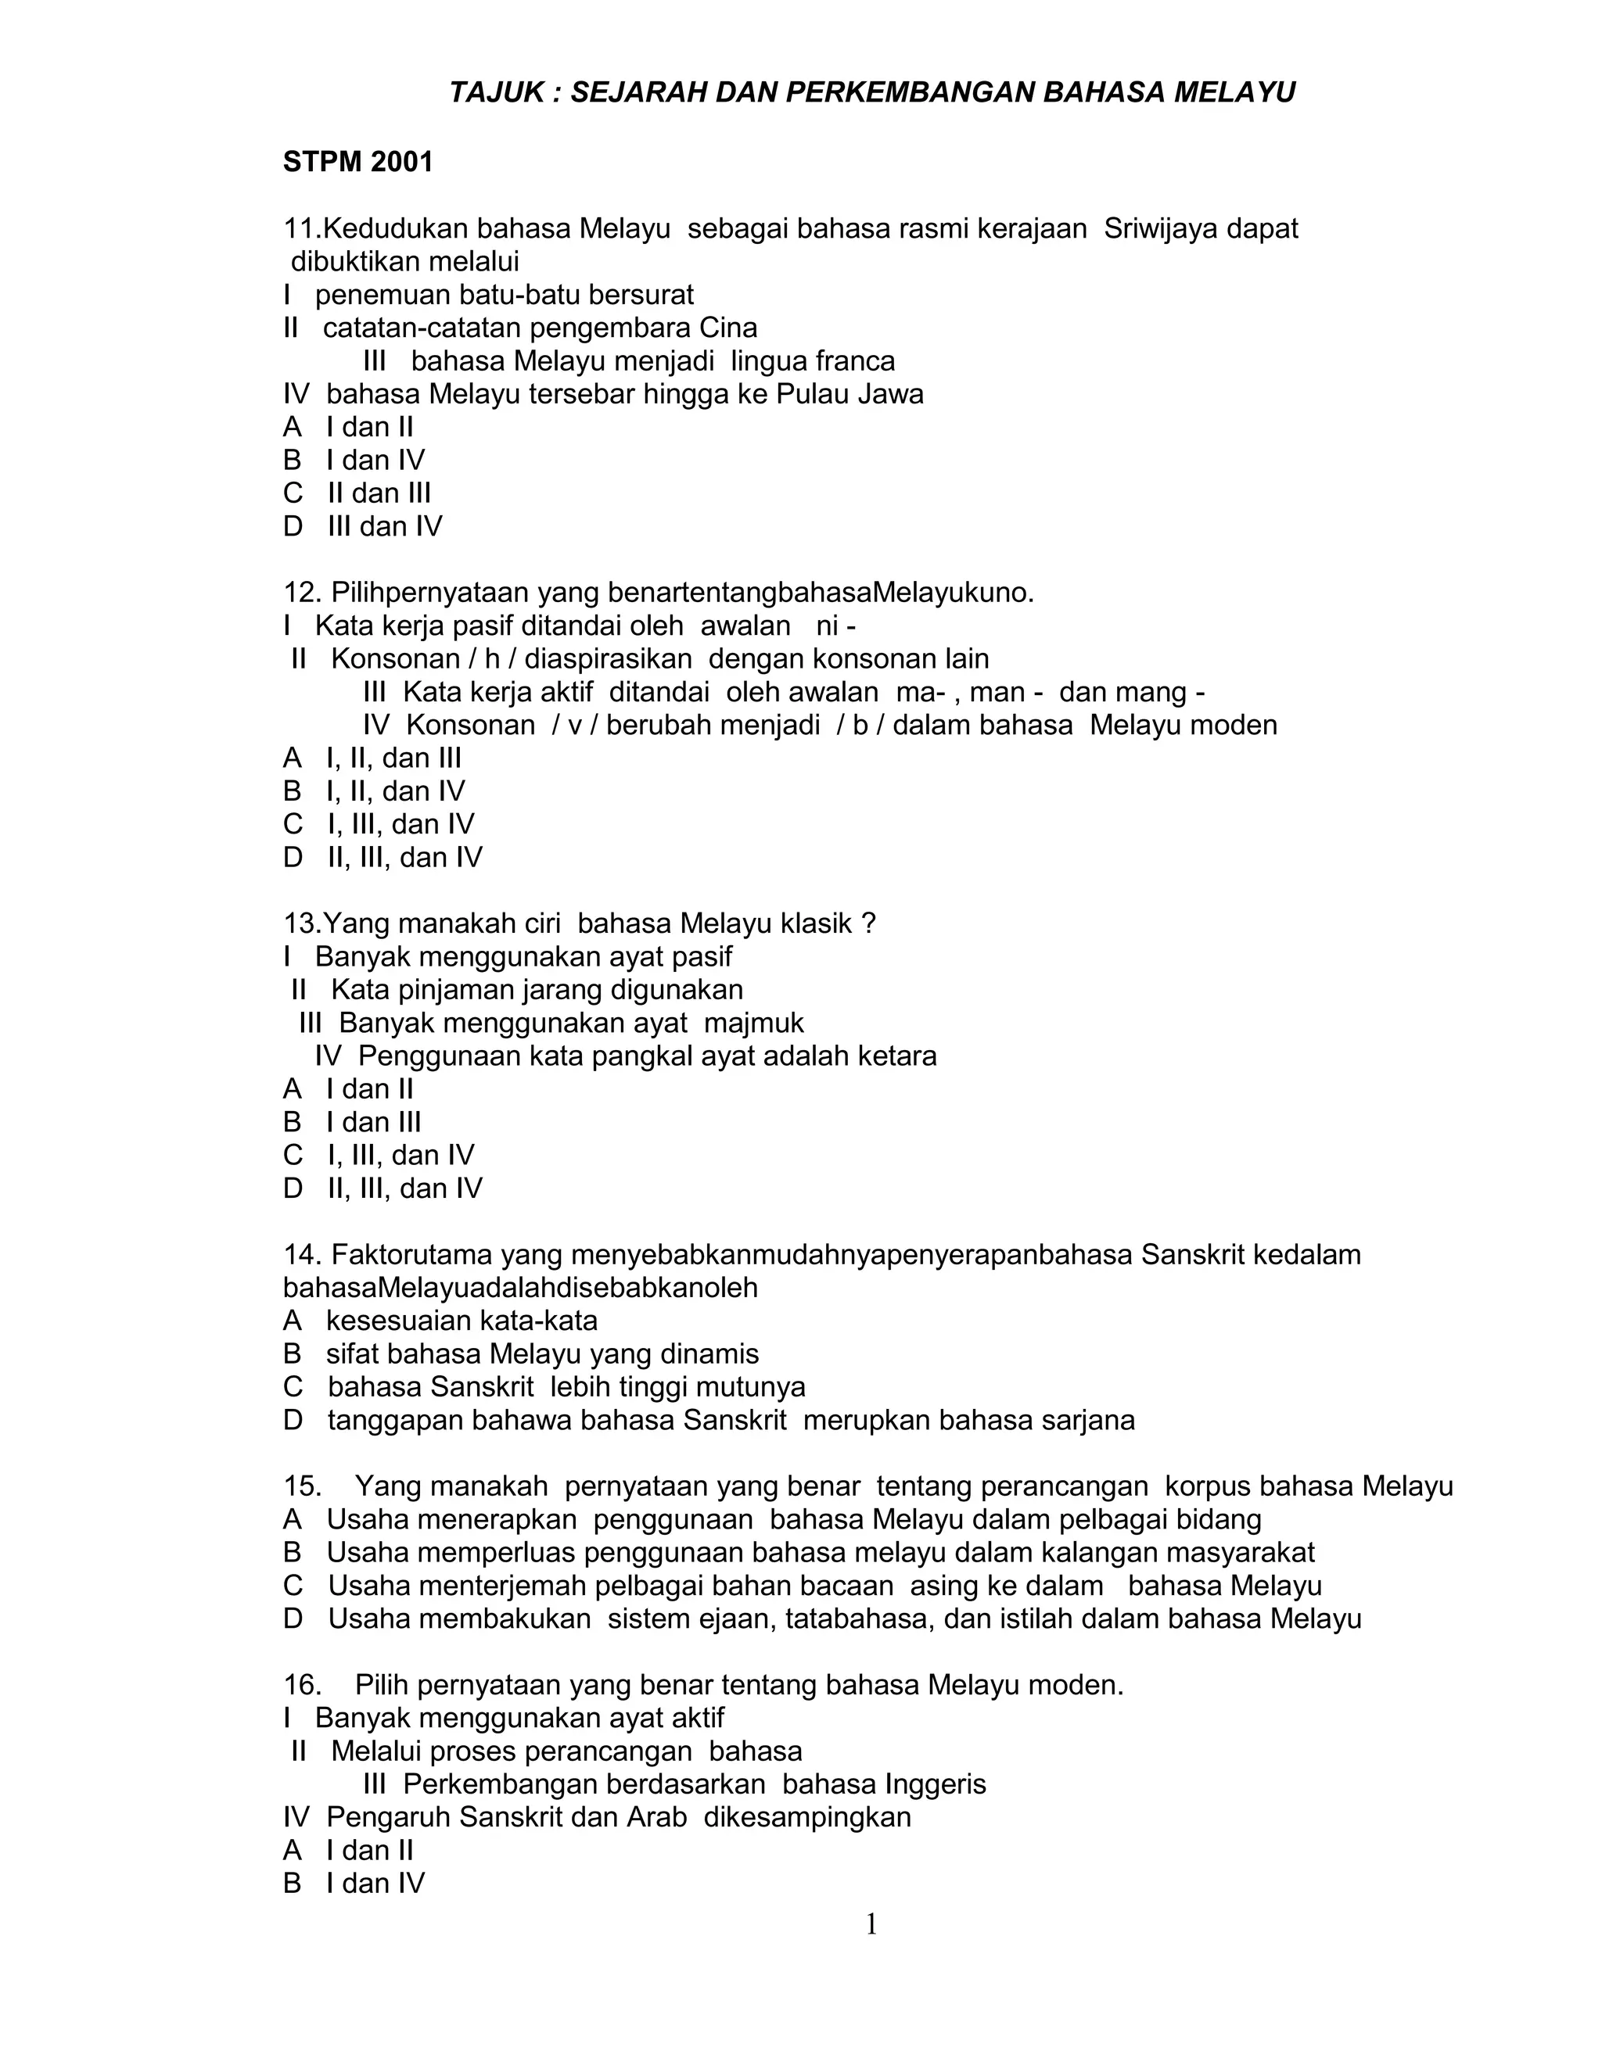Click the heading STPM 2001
pyautogui.click(x=357, y=162)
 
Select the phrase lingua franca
pyautogui.click(x=813, y=361)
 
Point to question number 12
pyautogui.click(x=302, y=593)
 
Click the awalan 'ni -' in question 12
pyautogui.click(x=835, y=626)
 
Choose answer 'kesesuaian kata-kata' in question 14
pyautogui.click(x=462, y=1321)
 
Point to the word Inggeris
pyautogui.click(x=935, y=1784)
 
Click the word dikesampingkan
pyautogui.click(x=806, y=1818)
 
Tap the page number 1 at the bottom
pyautogui.click(x=871, y=1925)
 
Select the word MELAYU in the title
pyautogui.click(x=1234, y=93)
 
